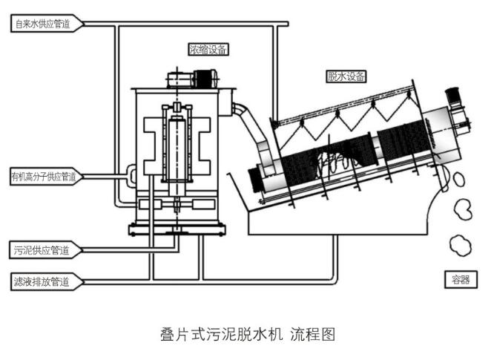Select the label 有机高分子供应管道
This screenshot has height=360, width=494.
43,177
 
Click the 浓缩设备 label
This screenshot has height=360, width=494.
208,50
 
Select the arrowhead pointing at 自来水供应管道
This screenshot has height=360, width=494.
82,24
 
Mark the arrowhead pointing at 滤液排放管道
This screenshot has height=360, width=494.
79,281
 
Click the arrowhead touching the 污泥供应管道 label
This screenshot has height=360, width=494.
79,250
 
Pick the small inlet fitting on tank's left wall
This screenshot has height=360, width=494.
130,174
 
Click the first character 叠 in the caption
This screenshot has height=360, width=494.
168,335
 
